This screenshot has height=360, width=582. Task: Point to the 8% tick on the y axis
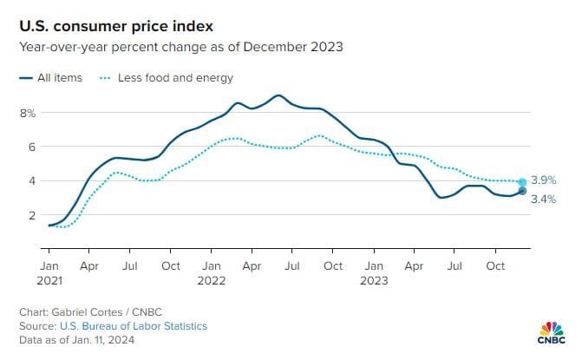coord(27,113)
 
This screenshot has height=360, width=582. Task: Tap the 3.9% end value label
coord(543,180)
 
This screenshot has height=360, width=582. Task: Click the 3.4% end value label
coord(543,200)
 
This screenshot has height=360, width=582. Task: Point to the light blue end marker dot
coord(522,183)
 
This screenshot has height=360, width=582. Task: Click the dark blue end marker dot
coord(522,191)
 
